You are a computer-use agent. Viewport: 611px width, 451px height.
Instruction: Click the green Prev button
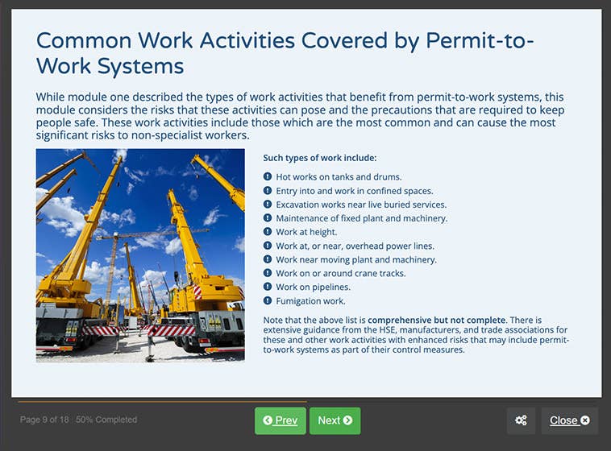click(281, 420)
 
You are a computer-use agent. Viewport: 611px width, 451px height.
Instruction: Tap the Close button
click(569, 420)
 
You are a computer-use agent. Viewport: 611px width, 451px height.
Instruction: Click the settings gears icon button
click(521, 420)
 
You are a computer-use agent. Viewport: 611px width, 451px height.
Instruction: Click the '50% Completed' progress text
click(106, 420)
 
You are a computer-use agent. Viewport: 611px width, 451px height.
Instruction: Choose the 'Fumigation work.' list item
click(310, 301)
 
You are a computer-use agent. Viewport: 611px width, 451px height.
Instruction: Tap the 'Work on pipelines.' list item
click(313, 288)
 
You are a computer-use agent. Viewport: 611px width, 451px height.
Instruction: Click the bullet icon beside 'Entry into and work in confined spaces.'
click(268, 191)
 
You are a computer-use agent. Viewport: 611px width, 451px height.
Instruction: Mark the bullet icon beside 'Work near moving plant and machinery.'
click(268, 259)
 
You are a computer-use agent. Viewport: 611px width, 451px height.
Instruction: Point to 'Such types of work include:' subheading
click(319, 159)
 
